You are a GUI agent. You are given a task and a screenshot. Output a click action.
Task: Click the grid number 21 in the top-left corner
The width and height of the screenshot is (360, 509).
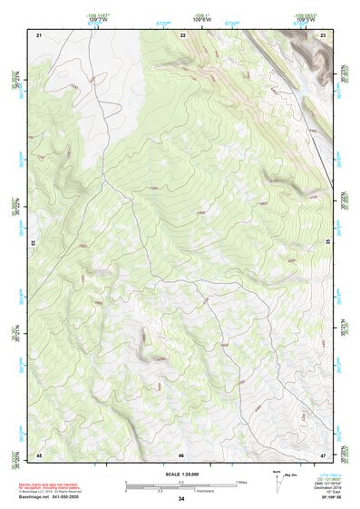pos(39,34)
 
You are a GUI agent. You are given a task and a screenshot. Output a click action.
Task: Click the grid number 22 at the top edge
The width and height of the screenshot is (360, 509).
pos(182,34)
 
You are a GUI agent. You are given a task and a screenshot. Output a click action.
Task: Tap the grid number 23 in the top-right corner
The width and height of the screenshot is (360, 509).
pos(324,34)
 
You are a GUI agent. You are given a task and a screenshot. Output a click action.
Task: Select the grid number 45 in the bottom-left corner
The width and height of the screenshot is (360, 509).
pos(39,455)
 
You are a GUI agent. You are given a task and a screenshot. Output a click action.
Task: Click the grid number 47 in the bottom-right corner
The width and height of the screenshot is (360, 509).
pos(324,455)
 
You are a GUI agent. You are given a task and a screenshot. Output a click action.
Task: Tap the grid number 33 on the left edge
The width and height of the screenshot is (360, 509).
pos(34,243)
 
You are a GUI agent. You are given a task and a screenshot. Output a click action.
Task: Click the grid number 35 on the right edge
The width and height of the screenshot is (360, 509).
pos(328,243)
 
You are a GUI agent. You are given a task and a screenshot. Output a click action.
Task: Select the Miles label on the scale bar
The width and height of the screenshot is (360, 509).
pos(241,482)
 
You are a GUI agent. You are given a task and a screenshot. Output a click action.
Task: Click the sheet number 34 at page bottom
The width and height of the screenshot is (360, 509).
pos(181,499)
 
